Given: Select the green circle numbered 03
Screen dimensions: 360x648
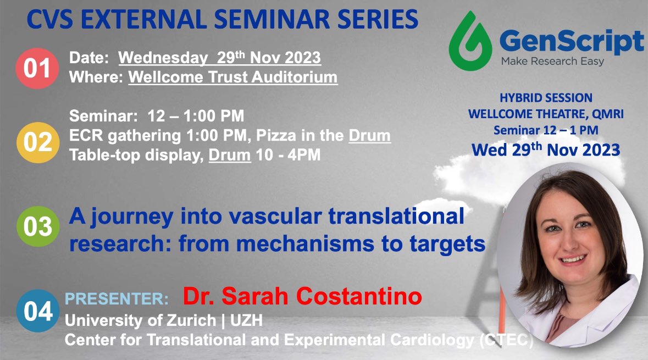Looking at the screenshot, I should [x=37, y=227].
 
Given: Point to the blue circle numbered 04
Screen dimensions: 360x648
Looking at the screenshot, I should [x=37, y=310].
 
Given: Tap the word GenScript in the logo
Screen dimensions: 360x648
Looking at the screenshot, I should [x=572, y=42].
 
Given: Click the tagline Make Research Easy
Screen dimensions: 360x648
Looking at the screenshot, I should [x=552, y=62].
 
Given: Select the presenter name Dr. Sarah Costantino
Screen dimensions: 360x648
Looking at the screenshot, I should [x=302, y=297].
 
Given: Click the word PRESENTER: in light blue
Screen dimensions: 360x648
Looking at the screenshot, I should [x=117, y=300].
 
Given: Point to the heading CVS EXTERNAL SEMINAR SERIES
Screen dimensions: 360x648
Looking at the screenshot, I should [x=222, y=21].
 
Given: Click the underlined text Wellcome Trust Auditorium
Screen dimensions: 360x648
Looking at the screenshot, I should [x=233, y=77].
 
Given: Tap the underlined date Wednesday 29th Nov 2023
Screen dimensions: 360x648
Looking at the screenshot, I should [x=220, y=58].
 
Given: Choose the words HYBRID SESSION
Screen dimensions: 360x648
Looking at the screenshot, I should [x=546, y=98].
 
